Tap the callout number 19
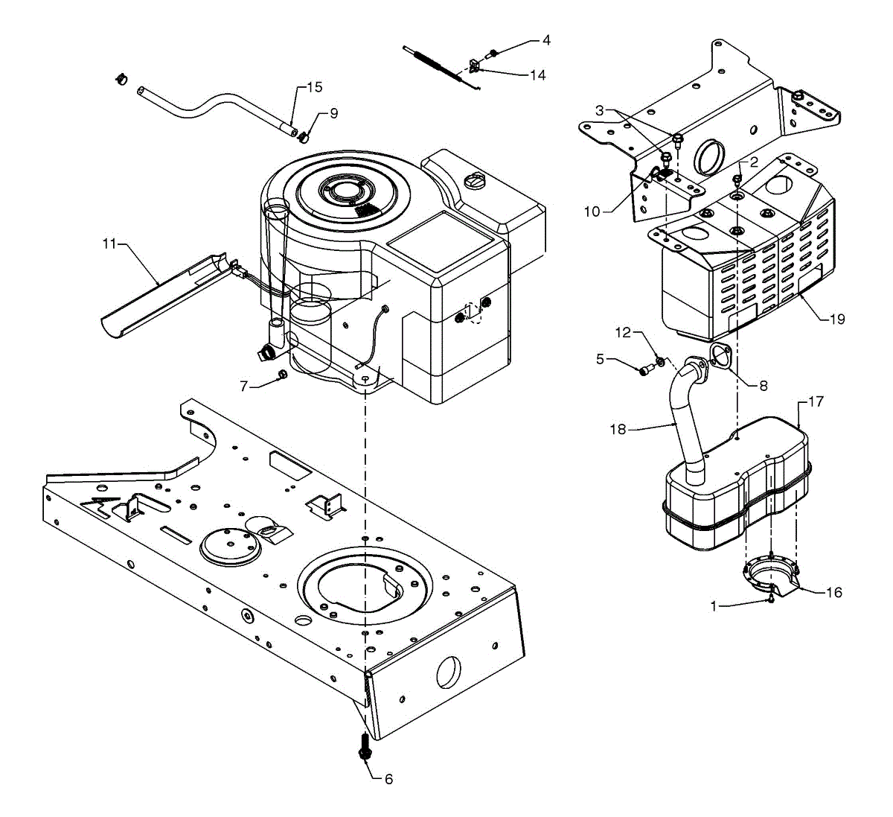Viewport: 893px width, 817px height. pos(837,319)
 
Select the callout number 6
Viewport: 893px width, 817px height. pos(388,779)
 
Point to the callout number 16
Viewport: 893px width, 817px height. pos(834,593)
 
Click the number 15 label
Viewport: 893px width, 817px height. pos(315,87)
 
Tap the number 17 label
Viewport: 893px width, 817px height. pos(816,401)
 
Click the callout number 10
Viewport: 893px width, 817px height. pos(592,212)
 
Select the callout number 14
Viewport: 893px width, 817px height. pos(537,75)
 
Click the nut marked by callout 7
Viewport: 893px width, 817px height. pos(282,374)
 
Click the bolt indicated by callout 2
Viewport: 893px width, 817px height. pos(737,179)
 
